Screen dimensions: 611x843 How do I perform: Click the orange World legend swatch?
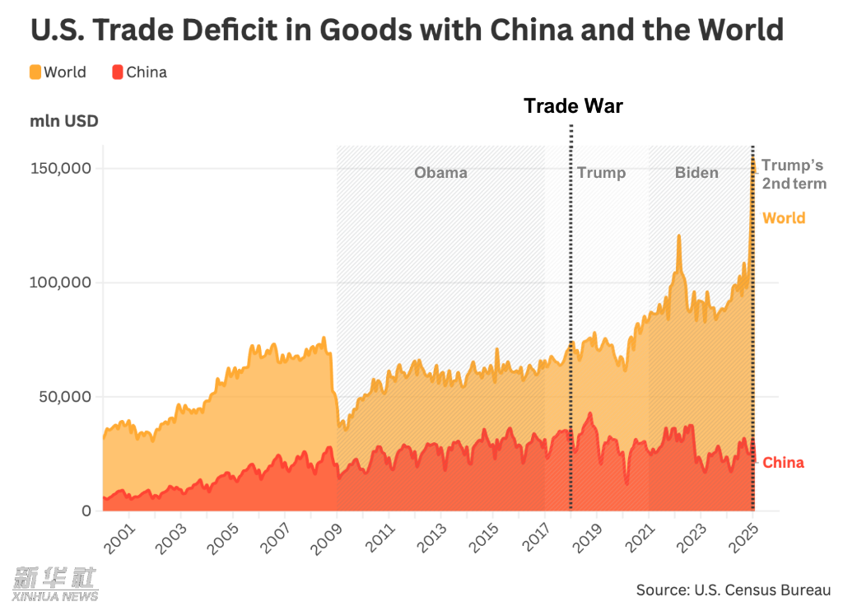pos(35,72)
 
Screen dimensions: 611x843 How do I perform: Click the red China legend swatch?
pos(118,72)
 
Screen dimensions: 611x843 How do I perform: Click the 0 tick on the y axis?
pos(86,511)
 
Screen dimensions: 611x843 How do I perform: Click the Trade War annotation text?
pos(574,106)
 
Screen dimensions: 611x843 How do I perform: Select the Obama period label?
pos(440,173)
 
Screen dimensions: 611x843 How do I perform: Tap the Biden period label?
pos(696,173)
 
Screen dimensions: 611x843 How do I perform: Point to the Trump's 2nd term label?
pos(794,175)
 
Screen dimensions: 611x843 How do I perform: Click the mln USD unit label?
pos(65,122)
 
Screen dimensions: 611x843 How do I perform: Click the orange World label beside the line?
pos(783,218)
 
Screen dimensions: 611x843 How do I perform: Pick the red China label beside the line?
pos(783,463)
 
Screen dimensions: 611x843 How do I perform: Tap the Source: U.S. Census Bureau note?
pos(734,590)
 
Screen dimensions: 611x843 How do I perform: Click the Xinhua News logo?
pos(54,583)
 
